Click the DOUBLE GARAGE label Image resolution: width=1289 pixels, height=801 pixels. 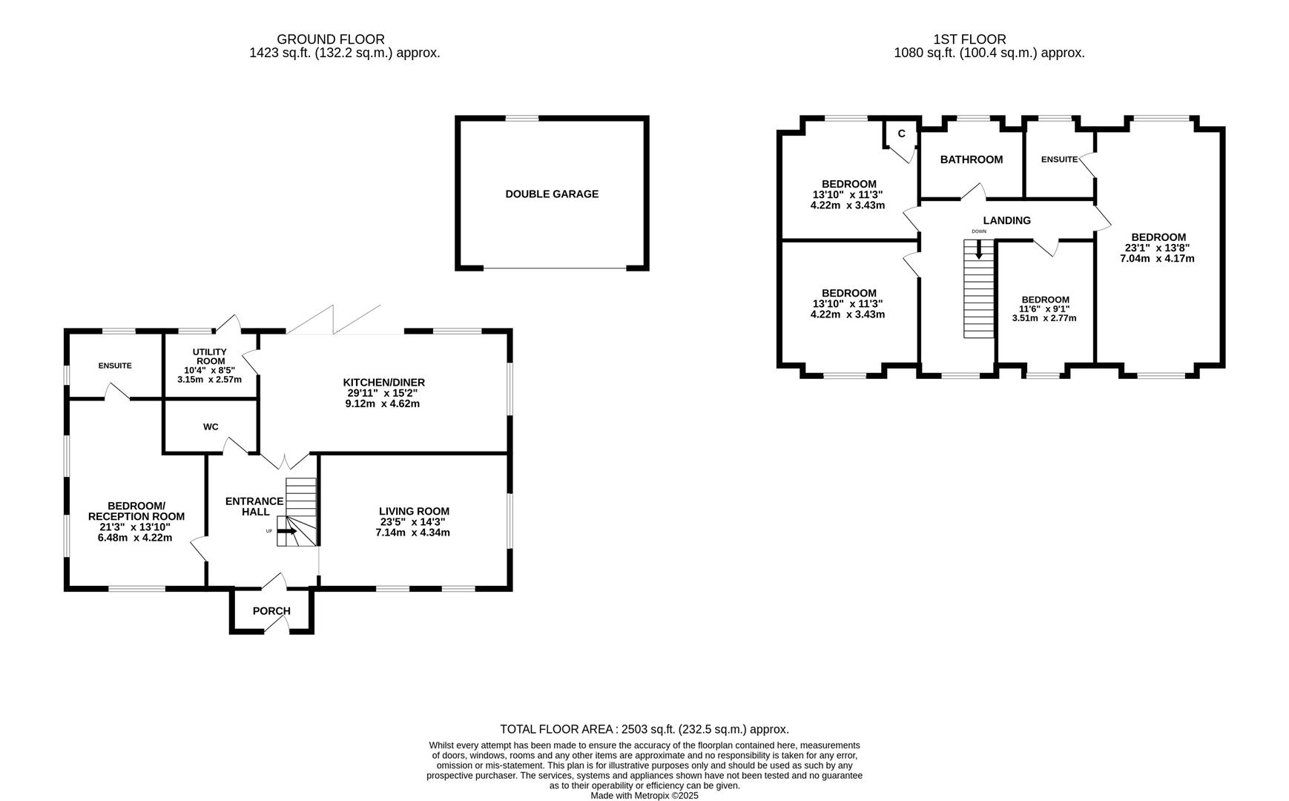click(x=552, y=194)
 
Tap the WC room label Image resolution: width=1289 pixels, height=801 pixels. click(x=211, y=427)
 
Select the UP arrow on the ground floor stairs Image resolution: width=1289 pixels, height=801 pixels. click(x=287, y=531)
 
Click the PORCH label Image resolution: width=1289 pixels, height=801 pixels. click(x=271, y=611)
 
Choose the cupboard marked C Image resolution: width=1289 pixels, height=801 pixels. click(x=901, y=134)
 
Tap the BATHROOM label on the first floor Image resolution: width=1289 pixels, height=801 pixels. click(x=971, y=159)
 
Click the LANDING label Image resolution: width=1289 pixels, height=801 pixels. click(x=1006, y=220)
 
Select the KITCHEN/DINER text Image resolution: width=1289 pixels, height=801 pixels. click(x=383, y=383)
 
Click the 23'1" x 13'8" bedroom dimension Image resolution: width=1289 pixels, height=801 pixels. click(x=1157, y=248)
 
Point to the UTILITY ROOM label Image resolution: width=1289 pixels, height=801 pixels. click(x=210, y=357)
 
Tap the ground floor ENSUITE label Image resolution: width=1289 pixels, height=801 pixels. click(x=115, y=366)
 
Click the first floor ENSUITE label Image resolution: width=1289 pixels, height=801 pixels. click(x=1058, y=159)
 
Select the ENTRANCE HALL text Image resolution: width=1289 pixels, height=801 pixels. click(x=254, y=507)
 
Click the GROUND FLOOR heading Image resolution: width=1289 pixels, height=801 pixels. click(x=331, y=39)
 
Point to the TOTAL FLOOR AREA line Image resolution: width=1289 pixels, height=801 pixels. click(x=644, y=730)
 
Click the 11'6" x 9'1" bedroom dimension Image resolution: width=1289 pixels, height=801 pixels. click(x=1044, y=309)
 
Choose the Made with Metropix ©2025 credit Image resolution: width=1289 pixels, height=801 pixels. click(x=644, y=795)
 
